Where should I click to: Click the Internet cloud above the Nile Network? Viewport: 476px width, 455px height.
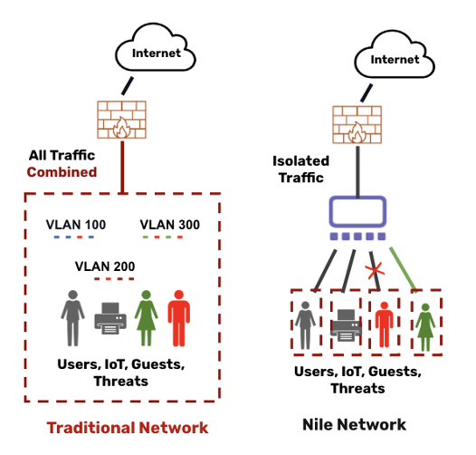395,54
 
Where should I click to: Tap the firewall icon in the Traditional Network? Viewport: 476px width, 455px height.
122,120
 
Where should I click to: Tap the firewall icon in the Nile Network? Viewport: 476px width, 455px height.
357,125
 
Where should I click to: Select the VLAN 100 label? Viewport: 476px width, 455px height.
76,225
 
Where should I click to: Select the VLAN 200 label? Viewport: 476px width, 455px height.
105,266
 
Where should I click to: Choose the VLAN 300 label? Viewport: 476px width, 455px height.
170,225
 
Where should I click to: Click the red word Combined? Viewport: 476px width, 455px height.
62,172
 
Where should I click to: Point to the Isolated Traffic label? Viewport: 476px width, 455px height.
300,169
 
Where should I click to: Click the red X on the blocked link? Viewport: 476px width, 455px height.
375,271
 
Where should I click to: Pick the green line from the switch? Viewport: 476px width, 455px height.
403,269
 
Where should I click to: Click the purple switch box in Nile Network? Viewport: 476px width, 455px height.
357,212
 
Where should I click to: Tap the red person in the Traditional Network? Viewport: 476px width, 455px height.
179,318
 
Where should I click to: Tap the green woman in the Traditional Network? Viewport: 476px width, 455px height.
147,318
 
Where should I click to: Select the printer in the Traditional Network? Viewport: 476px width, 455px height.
110,318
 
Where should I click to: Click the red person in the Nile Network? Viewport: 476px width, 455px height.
384,324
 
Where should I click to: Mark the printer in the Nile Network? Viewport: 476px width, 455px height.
346,325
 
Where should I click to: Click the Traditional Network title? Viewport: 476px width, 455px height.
128,428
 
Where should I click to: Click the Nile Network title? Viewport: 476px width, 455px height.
354,424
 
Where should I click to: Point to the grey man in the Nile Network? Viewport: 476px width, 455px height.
305,325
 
